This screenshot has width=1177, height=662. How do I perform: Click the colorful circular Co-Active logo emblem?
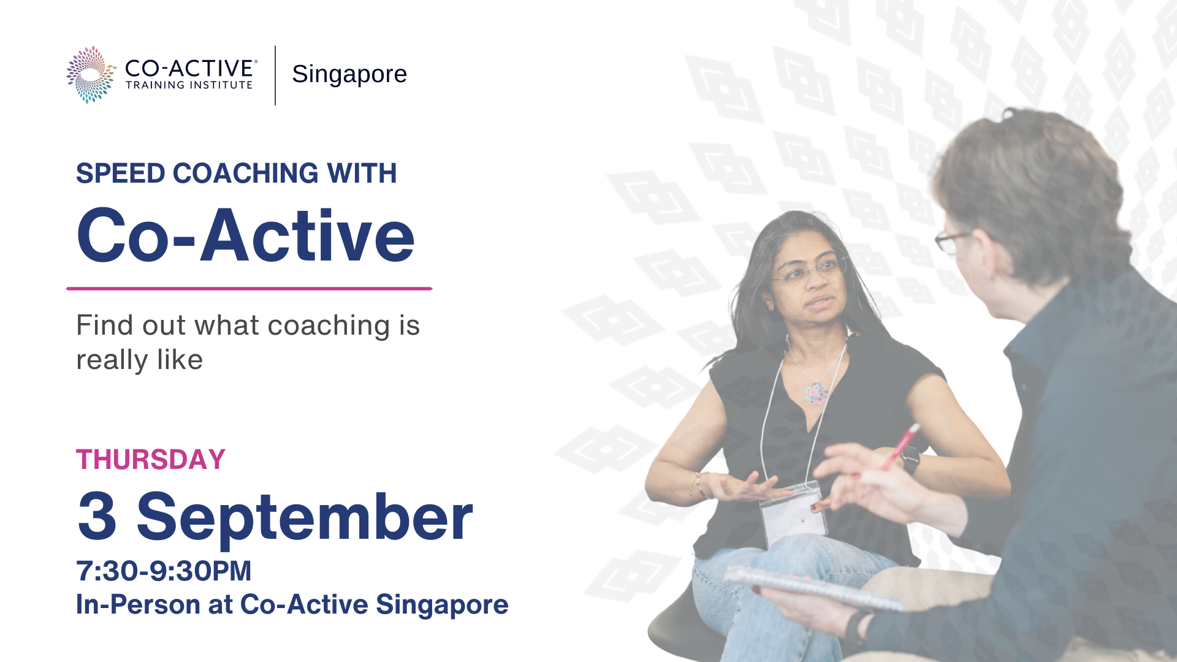tap(91, 74)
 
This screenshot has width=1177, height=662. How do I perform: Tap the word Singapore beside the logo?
tap(349, 74)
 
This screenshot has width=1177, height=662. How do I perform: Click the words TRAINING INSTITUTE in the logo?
tap(189, 85)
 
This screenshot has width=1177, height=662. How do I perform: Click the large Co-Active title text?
tap(246, 236)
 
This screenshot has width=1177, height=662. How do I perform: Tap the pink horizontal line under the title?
tap(249, 288)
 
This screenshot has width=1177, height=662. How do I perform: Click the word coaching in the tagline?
tap(329, 326)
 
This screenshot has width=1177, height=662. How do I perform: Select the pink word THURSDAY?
tap(151, 460)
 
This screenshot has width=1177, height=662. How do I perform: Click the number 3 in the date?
tap(97, 517)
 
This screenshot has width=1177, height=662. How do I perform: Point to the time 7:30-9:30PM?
tap(164, 571)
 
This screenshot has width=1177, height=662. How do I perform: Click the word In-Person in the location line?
tap(138, 605)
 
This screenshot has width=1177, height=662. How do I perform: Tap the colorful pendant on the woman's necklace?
tap(817, 392)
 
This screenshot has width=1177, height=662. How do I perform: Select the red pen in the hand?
tap(899, 447)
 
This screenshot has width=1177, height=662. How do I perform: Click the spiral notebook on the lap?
tap(812, 588)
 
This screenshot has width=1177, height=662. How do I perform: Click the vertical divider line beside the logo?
tap(275, 75)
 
